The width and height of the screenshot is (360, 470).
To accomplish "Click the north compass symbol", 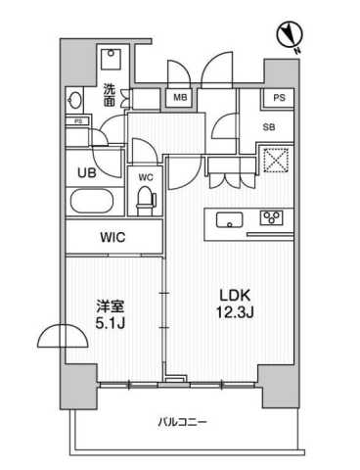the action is (x=290, y=35).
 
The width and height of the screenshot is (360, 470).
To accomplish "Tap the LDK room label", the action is (x=235, y=296).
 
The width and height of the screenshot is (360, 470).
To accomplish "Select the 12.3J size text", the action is (x=235, y=313).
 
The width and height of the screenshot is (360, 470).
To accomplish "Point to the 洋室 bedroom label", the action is (x=110, y=307).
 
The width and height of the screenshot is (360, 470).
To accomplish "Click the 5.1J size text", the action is (x=111, y=324).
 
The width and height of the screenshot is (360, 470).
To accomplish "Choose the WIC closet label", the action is (x=112, y=237).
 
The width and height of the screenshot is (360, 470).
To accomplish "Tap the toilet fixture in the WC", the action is (x=146, y=201).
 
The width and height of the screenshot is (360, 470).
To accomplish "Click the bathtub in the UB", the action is (x=92, y=202).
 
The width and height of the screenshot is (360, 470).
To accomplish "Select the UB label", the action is (x=87, y=172).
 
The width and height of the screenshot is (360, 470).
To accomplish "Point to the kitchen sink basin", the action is (x=230, y=220).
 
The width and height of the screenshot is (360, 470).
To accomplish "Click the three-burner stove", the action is (x=272, y=217).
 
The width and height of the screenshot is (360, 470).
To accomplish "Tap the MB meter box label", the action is (x=180, y=97).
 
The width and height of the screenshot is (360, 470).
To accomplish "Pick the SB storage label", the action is (x=269, y=127).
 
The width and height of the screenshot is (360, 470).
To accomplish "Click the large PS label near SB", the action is (x=279, y=98).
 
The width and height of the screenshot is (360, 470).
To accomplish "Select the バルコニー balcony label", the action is (x=182, y=423).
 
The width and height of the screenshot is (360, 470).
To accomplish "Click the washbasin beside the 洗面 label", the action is (x=75, y=99).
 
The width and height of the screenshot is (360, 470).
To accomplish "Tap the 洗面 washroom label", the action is (x=110, y=95).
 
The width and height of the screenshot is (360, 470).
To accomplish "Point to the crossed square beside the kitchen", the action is (x=276, y=161).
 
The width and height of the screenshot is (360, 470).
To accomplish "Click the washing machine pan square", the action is (x=111, y=59).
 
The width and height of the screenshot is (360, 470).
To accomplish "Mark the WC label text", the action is (x=146, y=177).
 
